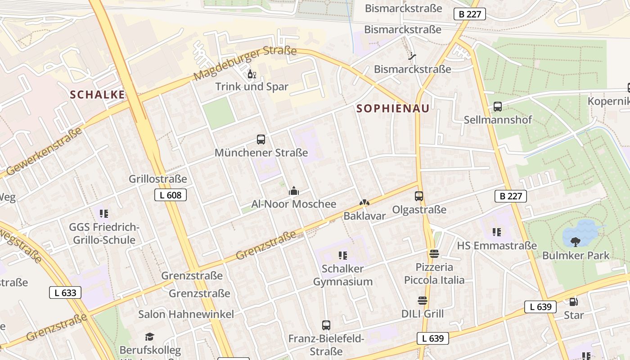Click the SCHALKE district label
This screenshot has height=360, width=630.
point(97,94)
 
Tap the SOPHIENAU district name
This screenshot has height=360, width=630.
point(393,108)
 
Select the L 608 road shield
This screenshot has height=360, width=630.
point(171,195)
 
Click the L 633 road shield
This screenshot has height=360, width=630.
point(65,293)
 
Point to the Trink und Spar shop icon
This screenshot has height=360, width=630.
point(252,74)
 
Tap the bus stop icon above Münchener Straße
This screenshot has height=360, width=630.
point(261,139)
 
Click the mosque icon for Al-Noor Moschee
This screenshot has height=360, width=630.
point(294,191)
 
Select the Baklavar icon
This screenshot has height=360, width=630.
point(364,203)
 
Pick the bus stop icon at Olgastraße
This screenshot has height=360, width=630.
point(419,196)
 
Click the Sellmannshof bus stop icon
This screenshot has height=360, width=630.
point(498,107)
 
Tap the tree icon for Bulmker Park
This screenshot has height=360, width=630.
point(575,242)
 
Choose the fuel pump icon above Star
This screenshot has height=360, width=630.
point(573,302)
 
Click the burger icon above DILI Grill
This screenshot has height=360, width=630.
point(422,301)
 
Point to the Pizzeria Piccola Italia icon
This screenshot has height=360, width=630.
point(434,254)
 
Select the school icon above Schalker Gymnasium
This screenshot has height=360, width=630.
point(343,256)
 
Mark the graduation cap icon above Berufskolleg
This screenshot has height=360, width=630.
point(150,337)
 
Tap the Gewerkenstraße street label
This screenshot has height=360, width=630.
point(45,152)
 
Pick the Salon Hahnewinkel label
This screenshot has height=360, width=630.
point(186,314)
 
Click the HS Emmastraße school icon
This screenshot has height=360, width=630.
point(497,232)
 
